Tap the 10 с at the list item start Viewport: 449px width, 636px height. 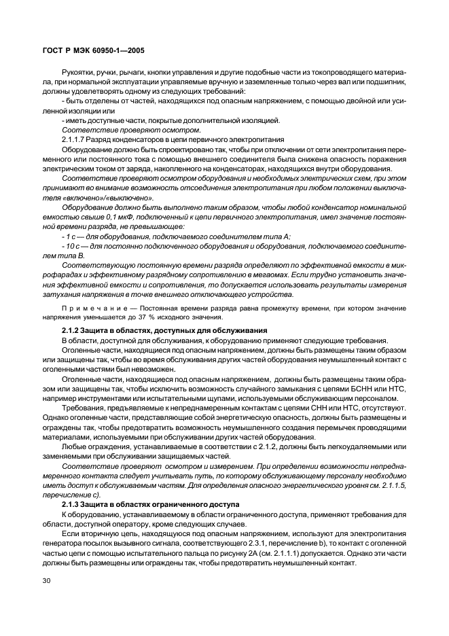(x=70, y=245)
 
